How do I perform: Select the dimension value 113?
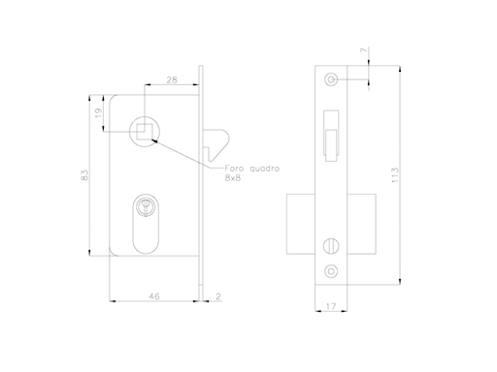[394, 175]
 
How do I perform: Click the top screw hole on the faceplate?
[331, 78]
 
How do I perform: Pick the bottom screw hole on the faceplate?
[331, 271]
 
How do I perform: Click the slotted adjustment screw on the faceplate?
[331, 243]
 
